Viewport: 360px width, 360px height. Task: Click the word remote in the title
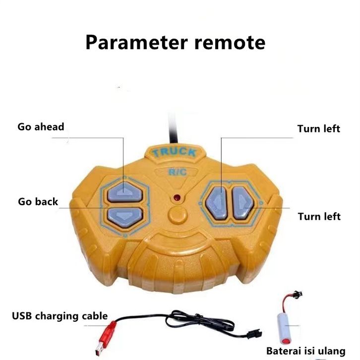(230, 42)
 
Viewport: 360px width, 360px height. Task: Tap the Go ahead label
(41, 127)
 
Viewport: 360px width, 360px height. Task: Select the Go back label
(38, 202)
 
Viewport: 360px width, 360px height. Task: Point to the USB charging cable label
(60, 316)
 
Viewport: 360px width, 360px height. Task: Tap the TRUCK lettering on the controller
(175, 152)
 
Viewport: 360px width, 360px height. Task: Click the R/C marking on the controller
(177, 173)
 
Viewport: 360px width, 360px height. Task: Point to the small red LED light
(177, 198)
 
